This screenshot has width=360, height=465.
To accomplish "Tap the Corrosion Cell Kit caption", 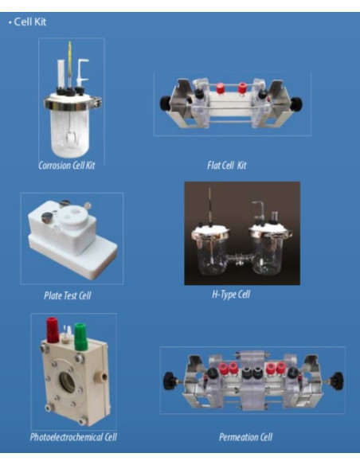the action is coord(67,165).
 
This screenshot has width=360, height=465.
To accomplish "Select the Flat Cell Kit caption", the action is coord(227,165).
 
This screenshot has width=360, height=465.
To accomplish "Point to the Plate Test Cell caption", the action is coord(68,295).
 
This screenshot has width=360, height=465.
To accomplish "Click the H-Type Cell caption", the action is coord(231,295).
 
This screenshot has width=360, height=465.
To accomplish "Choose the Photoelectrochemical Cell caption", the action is coord(73,437).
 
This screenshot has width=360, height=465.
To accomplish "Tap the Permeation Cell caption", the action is coord(245,437).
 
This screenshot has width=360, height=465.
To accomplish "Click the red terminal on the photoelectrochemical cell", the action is coord(53,330).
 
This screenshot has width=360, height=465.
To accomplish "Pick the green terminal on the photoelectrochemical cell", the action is coord(80,336).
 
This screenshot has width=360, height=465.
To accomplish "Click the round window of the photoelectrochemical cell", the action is coord(68,382).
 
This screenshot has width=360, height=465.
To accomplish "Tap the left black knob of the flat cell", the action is coord(165,104).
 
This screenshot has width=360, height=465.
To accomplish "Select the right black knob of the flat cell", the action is coord(296,104).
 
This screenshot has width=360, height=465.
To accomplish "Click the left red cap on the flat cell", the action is coord(220,88).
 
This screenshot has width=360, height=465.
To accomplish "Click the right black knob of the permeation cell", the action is coord(337,381).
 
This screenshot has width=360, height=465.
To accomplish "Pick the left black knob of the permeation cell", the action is coord(170,381).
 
